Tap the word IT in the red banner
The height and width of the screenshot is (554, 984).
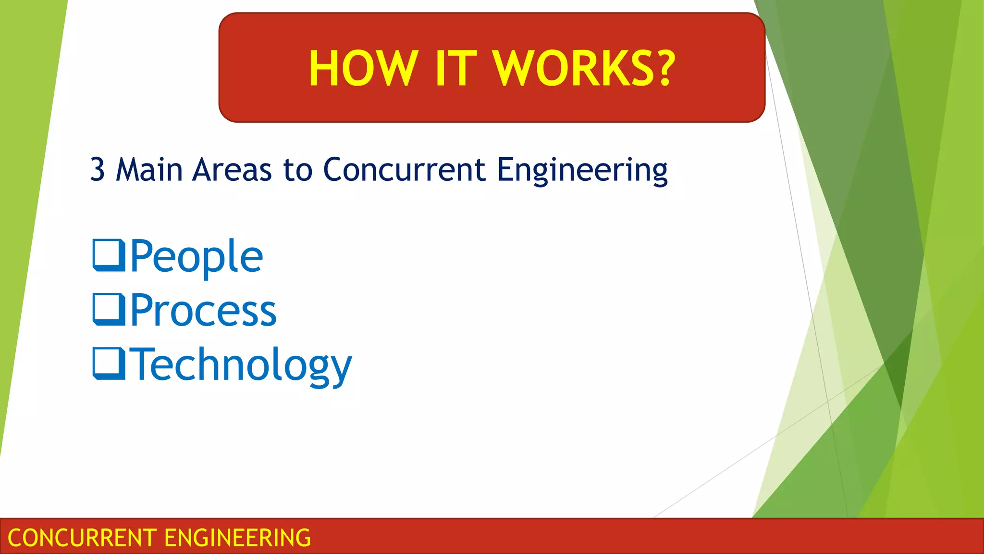pos(456,69)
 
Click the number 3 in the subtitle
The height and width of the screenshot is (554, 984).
pos(98,170)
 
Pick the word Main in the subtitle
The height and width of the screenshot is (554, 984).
pos(149,170)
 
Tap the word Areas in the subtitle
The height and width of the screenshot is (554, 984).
pos(232,170)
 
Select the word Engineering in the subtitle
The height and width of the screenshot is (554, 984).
pos(582,171)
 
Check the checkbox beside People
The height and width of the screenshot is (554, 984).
pos(109,255)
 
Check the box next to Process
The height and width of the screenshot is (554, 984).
pos(109,310)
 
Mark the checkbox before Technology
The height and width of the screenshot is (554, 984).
pos(109,364)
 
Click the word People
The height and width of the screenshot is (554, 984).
pos(197,256)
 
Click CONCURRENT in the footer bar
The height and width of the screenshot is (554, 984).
pos(82,538)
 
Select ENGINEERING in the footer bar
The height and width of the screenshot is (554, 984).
pos(238,538)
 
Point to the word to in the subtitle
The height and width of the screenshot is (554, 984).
pos(298,170)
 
